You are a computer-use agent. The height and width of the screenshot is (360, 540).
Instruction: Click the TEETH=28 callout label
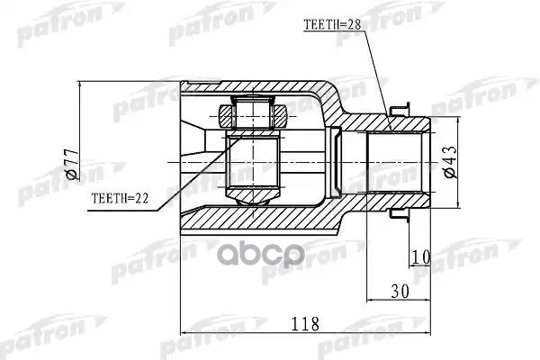click(x=331, y=24)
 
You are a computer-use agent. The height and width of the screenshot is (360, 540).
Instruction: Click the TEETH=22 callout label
click(x=120, y=198)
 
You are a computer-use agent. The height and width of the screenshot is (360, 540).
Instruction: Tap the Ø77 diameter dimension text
click(x=72, y=165)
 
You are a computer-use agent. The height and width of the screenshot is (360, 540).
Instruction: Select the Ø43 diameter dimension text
click(x=451, y=162)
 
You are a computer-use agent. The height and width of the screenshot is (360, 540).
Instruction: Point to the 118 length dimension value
click(x=305, y=324)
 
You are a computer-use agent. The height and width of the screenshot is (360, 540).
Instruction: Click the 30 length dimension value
click(x=400, y=292)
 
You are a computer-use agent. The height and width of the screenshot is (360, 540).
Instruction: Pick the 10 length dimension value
click(x=421, y=257)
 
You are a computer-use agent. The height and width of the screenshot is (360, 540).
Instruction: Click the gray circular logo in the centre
click(x=260, y=255)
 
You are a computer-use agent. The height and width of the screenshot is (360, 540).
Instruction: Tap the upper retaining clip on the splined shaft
click(x=400, y=109)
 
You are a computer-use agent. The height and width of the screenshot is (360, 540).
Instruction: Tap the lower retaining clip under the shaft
click(x=400, y=216)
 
